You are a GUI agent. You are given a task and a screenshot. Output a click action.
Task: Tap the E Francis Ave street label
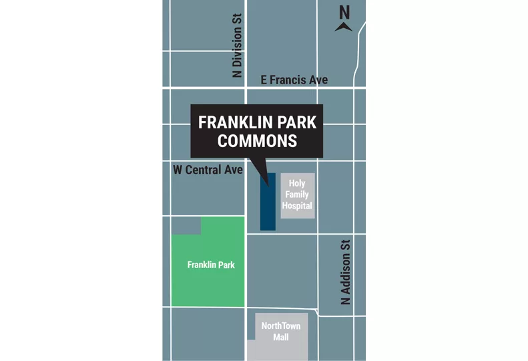294,80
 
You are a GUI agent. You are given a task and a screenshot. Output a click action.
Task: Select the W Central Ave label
208,170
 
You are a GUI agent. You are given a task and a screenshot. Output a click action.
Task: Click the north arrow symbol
344,27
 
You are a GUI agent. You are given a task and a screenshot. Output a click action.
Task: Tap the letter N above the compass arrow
344,12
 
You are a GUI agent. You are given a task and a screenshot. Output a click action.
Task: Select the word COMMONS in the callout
258,141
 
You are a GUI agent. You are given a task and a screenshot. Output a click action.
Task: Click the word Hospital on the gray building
297,206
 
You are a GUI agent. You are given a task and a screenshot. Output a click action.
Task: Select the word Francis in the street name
288,80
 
